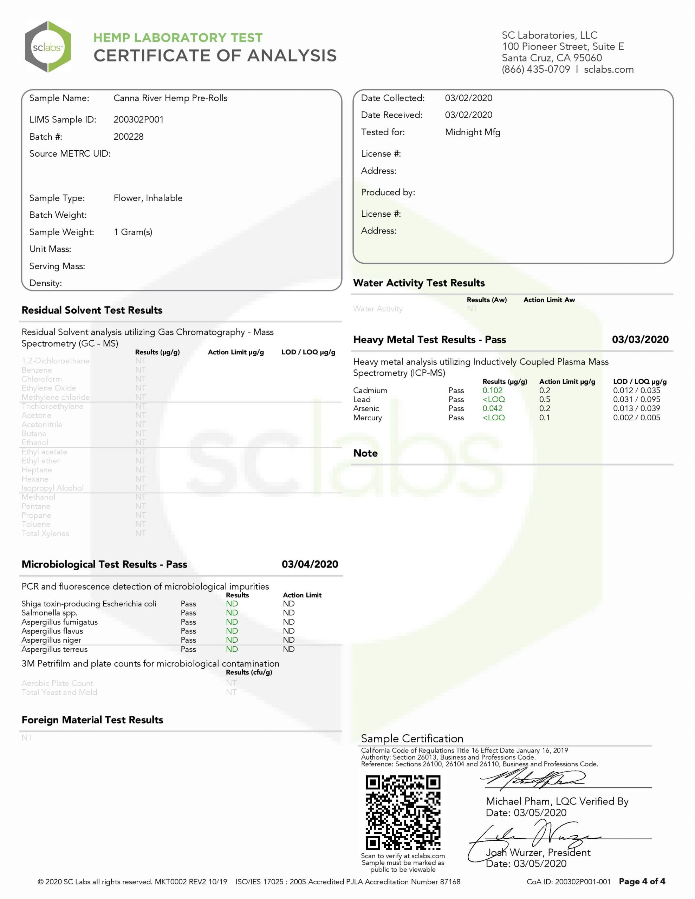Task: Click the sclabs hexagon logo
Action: click(48, 47)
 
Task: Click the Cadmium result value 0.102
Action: click(492, 390)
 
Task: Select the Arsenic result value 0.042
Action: click(492, 408)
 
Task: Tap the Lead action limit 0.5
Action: click(544, 399)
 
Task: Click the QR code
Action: click(403, 813)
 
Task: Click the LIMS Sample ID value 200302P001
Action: click(138, 119)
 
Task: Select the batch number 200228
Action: click(129, 137)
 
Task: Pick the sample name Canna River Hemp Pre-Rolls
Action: click(170, 98)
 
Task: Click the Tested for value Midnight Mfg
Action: click(473, 132)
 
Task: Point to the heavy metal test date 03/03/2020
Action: click(640, 340)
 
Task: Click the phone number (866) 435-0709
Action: click(535, 69)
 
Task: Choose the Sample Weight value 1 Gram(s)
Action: click(133, 232)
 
